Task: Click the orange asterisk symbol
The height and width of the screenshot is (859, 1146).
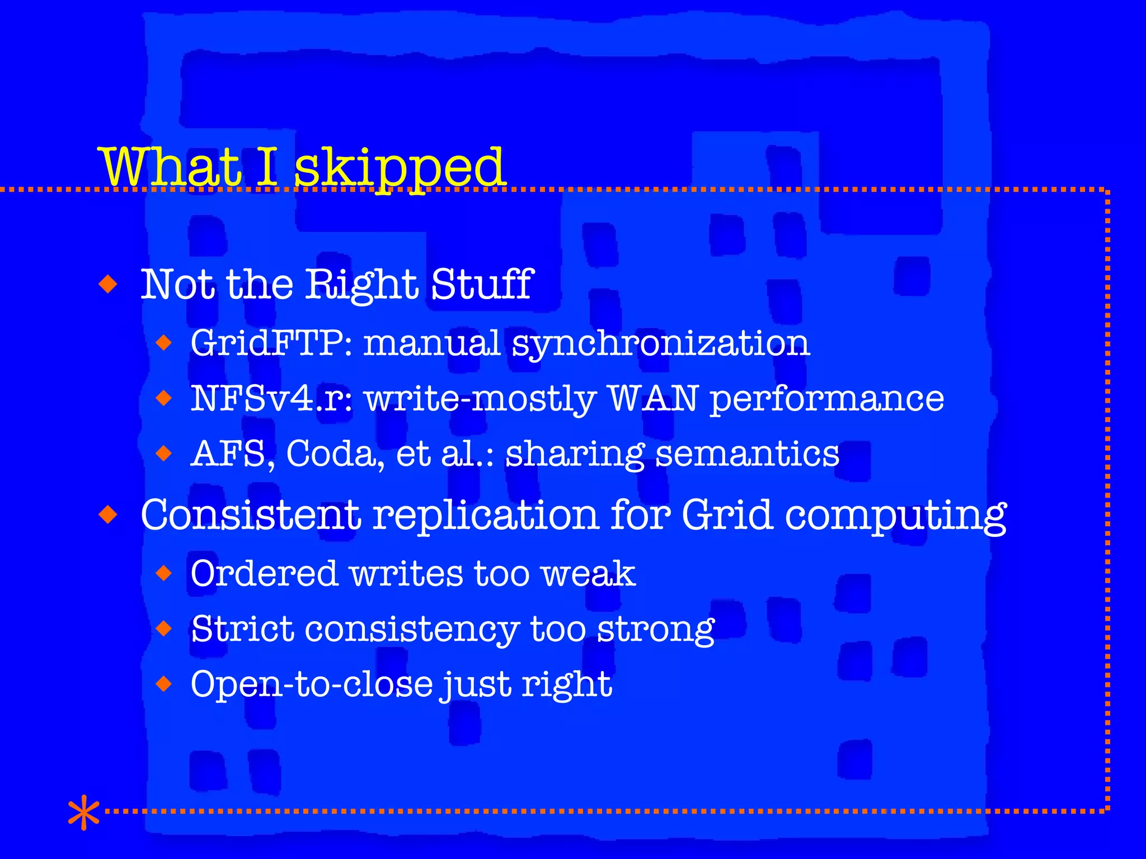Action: [x=83, y=812]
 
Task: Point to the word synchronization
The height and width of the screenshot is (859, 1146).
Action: [x=661, y=343]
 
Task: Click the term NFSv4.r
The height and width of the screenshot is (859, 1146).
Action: [x=271, y=398]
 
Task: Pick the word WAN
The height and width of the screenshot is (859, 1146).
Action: [x=653, y=398]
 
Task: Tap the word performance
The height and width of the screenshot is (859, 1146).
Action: [x=827, y=399]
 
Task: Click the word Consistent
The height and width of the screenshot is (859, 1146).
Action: [x=250, y=515]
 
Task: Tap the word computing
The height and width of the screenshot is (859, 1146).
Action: [x=895, y=516]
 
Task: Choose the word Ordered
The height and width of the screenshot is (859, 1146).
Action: [x=264, y=573]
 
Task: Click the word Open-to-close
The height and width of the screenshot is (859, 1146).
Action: [x=312, y=684]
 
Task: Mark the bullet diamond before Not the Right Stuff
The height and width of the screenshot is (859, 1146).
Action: [x=108, y=284]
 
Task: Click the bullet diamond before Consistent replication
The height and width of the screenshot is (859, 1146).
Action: [x=108, y=514]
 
